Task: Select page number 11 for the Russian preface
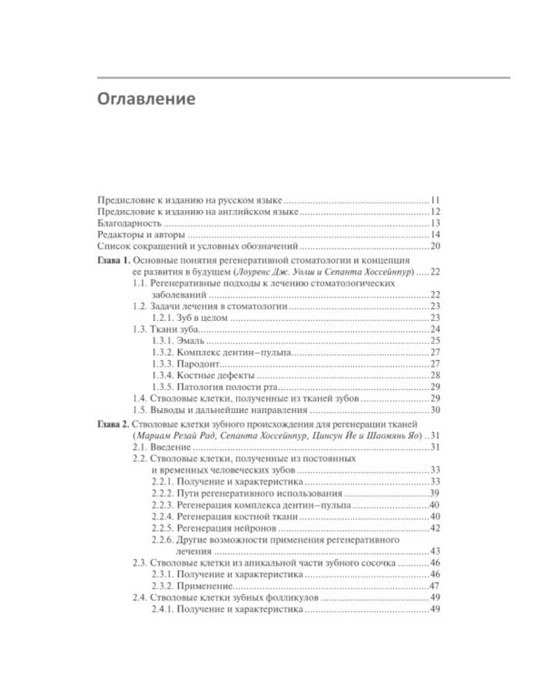435,198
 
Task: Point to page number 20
435,246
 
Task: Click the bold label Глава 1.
114,260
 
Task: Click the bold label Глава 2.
114,424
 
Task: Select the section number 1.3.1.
163,339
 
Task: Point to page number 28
435,375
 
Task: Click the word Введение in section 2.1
170,446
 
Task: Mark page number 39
435,492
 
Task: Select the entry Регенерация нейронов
234,528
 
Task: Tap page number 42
435,528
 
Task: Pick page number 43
435,551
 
